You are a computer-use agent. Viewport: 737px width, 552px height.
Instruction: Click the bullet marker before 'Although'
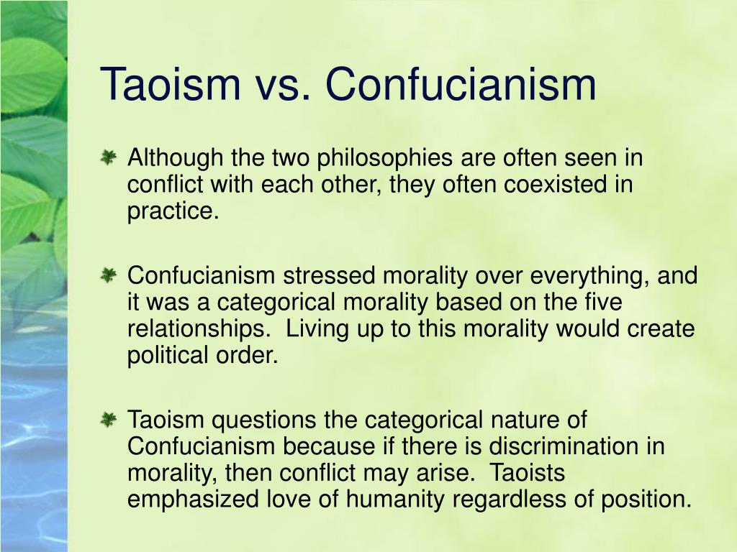point(108,157)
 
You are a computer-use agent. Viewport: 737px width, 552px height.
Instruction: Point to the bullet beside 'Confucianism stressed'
point(108,275)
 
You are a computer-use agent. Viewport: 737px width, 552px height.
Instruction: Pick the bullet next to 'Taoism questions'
point(108,419)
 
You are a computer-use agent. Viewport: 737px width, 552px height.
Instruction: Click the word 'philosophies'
point(384,159)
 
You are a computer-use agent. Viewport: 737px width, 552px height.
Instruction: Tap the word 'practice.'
point(173,212)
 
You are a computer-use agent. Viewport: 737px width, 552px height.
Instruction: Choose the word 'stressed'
point(329,275)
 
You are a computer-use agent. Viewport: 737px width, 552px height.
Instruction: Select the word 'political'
point(168,356)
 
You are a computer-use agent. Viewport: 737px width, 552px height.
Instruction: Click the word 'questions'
point(263,420)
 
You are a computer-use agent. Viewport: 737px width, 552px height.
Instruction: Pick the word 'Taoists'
point(527,473)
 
